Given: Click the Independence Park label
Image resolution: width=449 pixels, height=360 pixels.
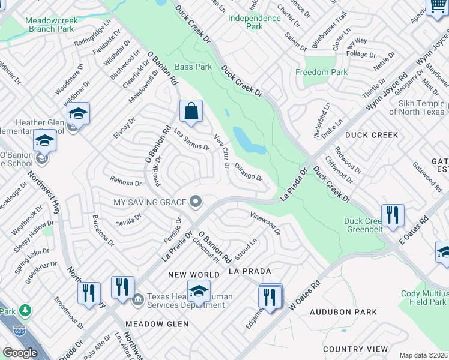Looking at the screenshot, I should pos(255,22).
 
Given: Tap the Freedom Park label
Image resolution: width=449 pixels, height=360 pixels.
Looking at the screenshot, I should pos(321,73).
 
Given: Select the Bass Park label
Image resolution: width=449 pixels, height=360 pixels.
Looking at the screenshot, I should pos(193,67).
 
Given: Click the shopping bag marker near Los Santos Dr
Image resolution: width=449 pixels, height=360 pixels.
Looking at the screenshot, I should pos(191,112).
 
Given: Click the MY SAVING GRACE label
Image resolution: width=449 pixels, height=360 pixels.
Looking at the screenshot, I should pos(151,202).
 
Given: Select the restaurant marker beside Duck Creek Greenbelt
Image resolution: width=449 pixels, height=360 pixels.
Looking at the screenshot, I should pos(393,215).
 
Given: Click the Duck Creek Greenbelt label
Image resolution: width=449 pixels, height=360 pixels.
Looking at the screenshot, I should pos(363,225).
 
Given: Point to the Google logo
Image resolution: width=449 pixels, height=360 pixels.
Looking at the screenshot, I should pos(20,352).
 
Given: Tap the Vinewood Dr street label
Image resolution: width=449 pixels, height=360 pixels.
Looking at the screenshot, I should pos(265,223).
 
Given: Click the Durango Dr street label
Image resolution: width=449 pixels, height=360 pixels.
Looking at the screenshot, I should pos(248,172).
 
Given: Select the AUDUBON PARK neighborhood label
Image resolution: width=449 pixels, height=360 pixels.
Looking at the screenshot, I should pos(343,312).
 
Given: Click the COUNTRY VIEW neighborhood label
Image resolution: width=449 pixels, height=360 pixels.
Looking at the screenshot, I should pos(355,349).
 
